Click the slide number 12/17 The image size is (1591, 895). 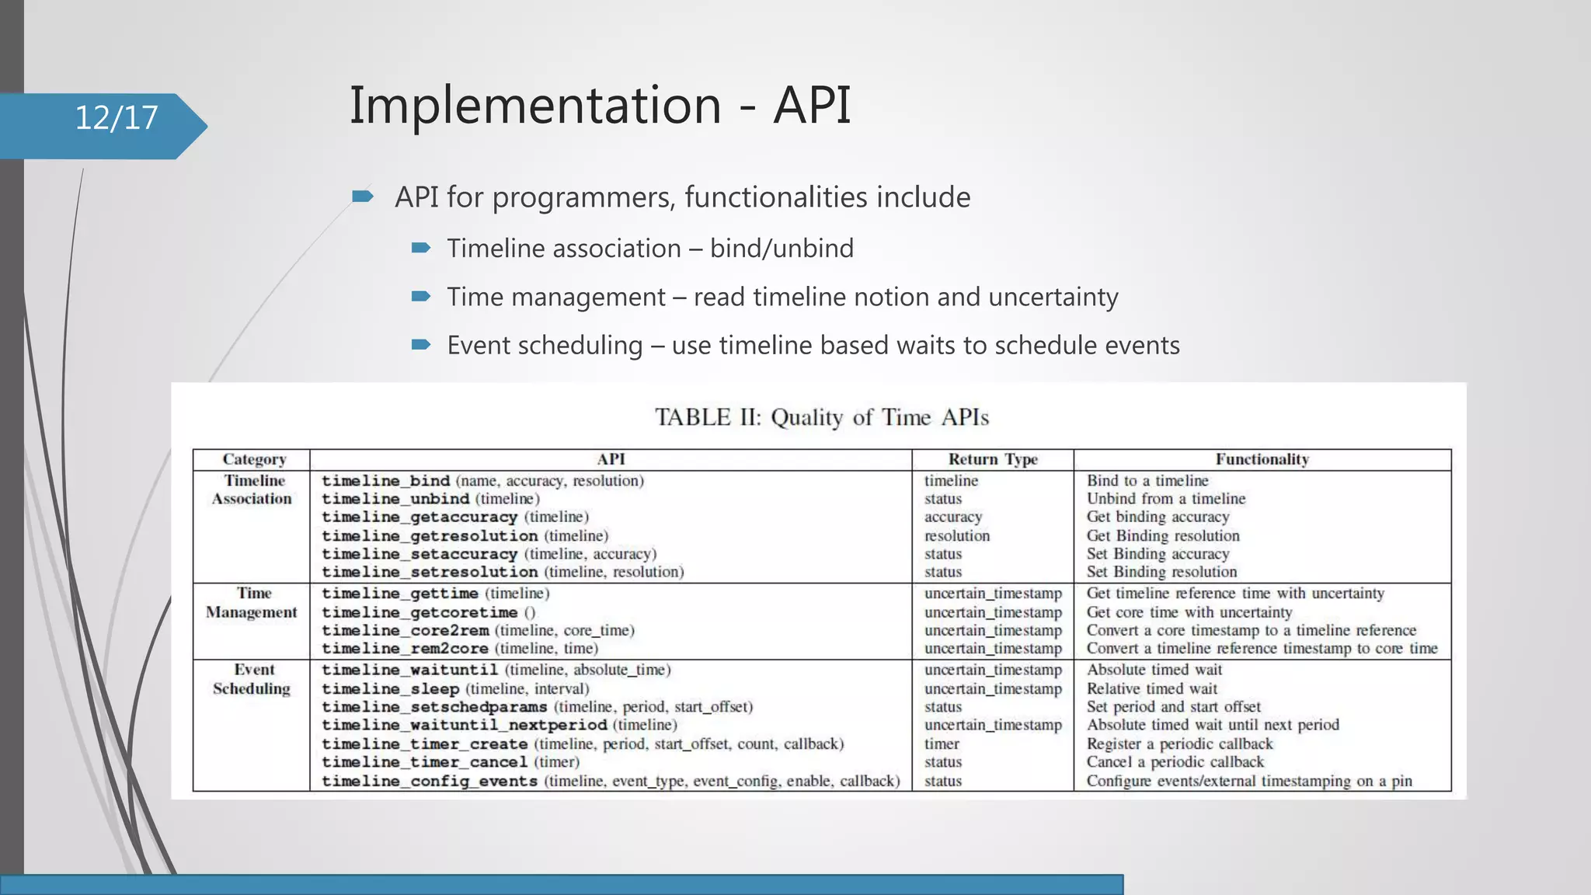pos(117,118)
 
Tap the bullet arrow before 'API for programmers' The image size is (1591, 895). pos(362,197)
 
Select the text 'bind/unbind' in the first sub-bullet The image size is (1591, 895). pos(782,249)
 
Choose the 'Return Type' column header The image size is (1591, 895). pos(993,459)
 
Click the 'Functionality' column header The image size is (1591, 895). pos(1262,459)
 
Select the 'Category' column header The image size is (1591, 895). pos(254,459)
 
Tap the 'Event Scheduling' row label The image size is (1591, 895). pos(252,679)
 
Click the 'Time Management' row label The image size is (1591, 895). pos(252,603)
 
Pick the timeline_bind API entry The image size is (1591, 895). pos(386,481)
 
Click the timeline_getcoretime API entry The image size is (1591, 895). pos(420,612)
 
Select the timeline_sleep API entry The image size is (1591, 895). pos(391,689)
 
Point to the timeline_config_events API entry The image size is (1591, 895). pos(430,782)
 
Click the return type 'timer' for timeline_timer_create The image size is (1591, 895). pos(942,744)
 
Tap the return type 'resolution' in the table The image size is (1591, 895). pos(957,536)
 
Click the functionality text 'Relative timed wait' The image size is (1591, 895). pos(1152,689)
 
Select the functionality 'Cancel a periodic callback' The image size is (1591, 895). pos(1175,762)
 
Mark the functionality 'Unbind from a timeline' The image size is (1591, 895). pos(1166,499)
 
